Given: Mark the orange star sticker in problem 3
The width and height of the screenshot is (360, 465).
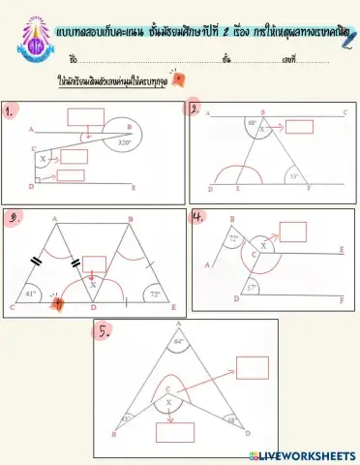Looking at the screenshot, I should tap(58, 302).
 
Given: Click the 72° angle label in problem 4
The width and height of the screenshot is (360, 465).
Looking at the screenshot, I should tap(232, 237).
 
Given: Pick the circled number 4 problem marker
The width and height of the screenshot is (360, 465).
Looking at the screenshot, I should tap(198, 216).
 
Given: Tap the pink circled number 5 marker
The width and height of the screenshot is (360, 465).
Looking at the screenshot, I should tap(104, 330).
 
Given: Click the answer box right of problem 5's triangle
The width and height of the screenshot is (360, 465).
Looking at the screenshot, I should tap(252, 368).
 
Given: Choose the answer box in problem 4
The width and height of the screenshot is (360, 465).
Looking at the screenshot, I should tap(292, 231).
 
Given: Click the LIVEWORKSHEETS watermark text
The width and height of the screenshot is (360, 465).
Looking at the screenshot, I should tap(309, 455).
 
